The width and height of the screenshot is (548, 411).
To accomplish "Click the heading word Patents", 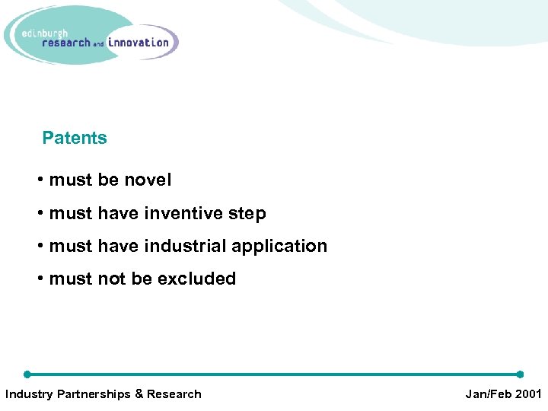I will coord(75,138).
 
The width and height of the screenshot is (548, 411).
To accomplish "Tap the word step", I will coord(246,214).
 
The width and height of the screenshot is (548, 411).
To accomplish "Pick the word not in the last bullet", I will coord(112,279).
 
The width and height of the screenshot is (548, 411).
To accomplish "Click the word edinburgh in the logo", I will coord(46,33).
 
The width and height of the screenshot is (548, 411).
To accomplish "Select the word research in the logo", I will coord(66,43).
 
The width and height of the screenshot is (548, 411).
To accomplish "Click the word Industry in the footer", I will coord(28,394).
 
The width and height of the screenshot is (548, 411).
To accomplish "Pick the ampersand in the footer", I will coord(139,394).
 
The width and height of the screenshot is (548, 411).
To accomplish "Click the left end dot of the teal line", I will coord(27,374).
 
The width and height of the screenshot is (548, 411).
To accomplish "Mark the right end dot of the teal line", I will coord(520,374).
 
